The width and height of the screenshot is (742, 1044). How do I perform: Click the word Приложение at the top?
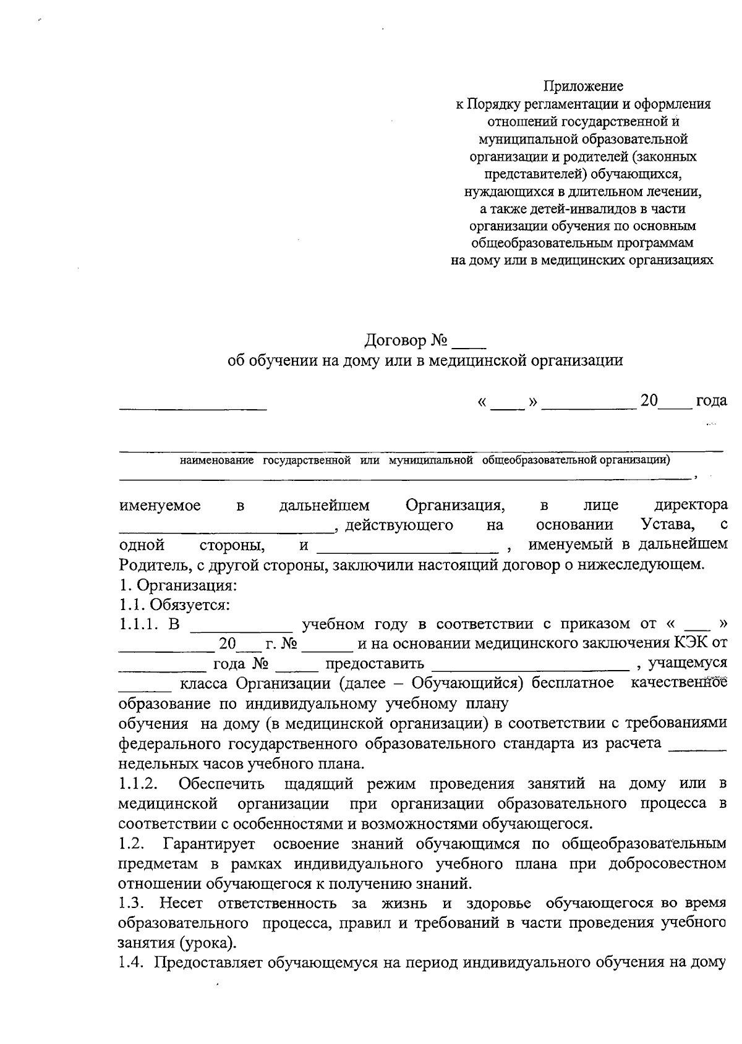(583, 86)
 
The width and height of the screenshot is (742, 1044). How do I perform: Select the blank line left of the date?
(193, 407)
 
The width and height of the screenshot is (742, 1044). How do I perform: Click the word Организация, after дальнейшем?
(455, 505)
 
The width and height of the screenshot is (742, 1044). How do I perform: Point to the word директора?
(691, 505)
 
